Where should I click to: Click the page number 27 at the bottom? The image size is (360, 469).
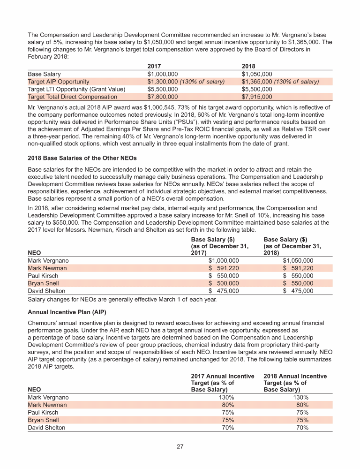click(180, 446)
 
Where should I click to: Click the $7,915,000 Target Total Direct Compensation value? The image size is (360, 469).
click(256, 97)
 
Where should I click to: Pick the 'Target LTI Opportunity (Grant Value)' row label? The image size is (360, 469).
click(76, 89)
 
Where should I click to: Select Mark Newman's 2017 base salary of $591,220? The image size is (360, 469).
click(224, 268)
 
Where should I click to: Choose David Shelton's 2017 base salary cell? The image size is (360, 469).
click(224, 291)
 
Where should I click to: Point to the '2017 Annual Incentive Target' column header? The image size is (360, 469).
click(223, 383)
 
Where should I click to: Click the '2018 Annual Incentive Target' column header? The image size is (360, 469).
click(295, 383)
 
